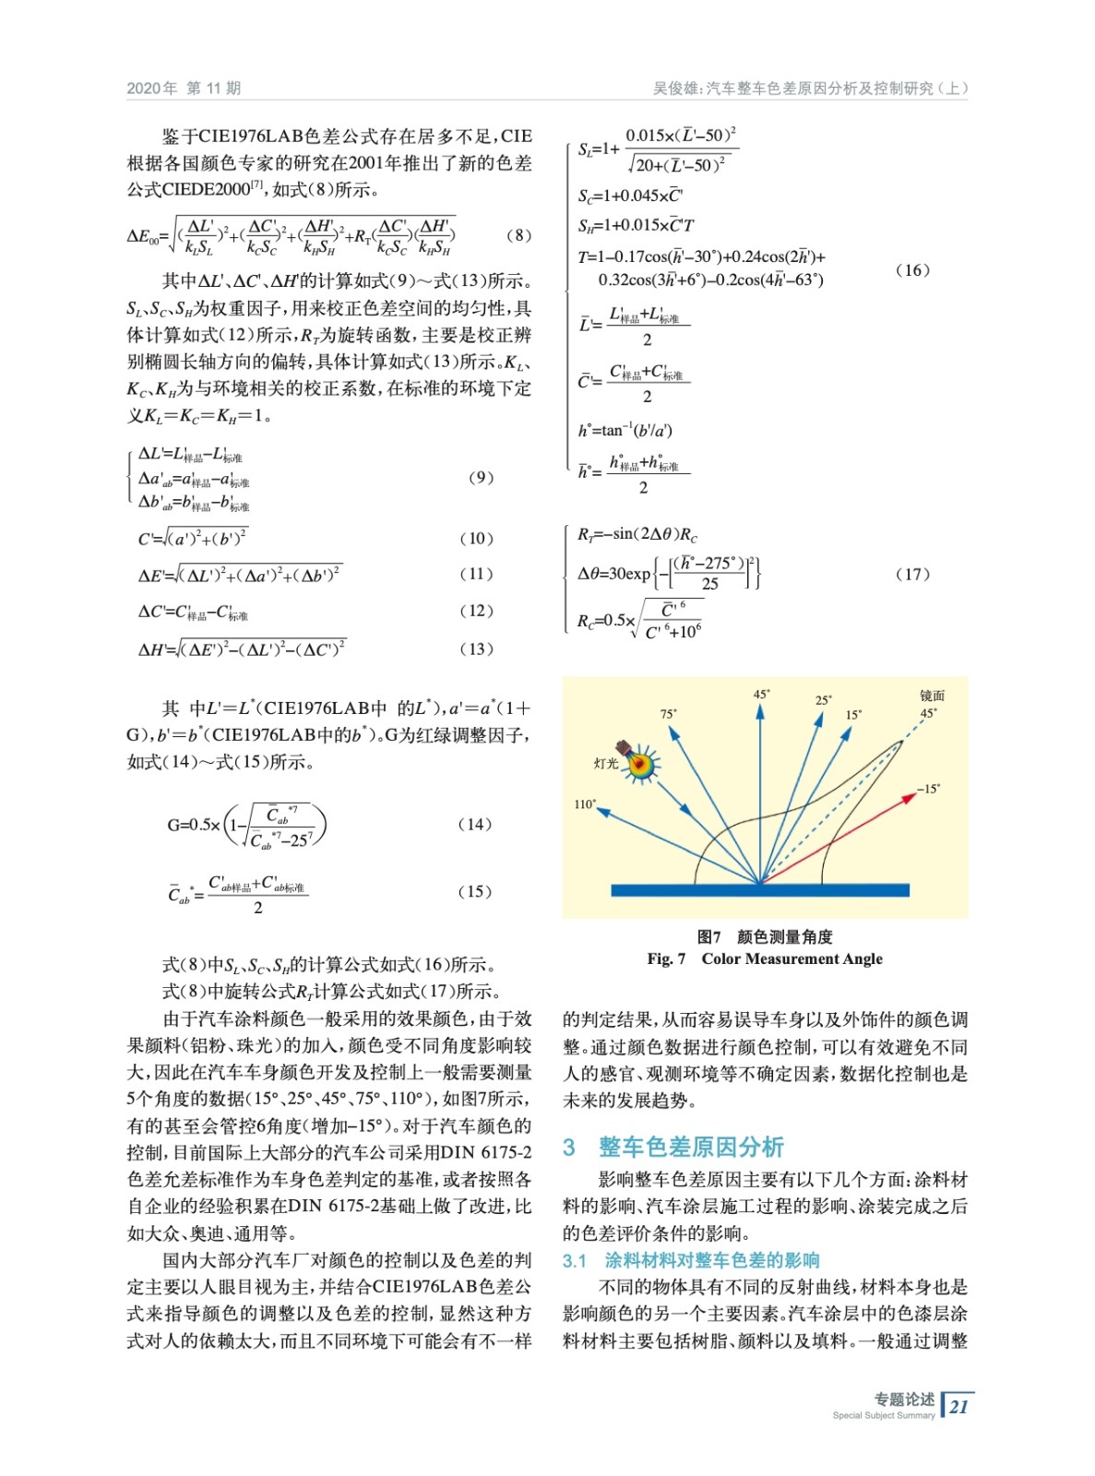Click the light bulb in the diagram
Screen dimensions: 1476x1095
[x=637, y=761]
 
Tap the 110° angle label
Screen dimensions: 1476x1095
[x=585, y=804]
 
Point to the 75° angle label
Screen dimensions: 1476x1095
[x=668, y=714]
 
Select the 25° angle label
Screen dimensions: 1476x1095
[x=823, y=700]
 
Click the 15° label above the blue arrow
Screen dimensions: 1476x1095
[x=853, y=715]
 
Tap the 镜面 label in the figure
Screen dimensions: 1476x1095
[x=932, y=696]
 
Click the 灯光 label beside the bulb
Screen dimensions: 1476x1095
[x=606, y=764]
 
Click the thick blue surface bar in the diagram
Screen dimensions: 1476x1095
[x=759, y=890]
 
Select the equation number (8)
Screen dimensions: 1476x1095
[x=518, y=235]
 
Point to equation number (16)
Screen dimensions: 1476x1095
[x=912, y=270]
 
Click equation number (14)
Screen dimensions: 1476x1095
[x=475, y=824]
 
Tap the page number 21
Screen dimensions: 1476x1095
[x=959, y=1407]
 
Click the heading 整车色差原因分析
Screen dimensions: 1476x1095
[x=691, y=1147]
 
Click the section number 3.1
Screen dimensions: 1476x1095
[x=575, y=1260]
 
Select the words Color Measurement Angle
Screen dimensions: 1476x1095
[x=791, y=958]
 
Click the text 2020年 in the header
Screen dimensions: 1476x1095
[x=152, y=89]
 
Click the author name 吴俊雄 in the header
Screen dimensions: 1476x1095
[x=673, y=89]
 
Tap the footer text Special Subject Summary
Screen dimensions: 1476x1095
[x=883, y=1415]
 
